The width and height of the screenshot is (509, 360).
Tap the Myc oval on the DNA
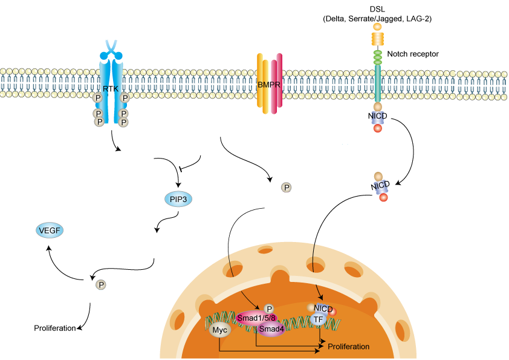pos(219,330)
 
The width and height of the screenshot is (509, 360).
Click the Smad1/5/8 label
pos(257,318)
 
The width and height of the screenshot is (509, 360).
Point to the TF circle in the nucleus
pos(319,319)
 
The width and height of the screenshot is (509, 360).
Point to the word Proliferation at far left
pos(54,329)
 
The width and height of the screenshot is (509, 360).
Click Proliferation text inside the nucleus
pos(348,347)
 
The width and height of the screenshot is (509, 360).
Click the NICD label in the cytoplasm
pos(380,185)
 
